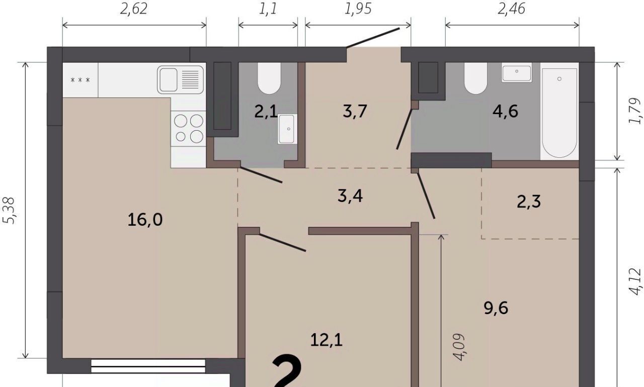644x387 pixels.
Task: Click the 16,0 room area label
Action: (x=145, y=220)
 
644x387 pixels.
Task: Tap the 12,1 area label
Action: (x=327, y=340)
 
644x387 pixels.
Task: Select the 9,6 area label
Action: (x=496, y=308)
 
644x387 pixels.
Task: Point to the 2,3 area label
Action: (x=529, y=202)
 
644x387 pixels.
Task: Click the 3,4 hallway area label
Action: (x=350, y=197)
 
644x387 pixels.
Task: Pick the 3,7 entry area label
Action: (x=355, y=112)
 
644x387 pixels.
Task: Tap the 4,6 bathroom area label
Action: (x=506, y=112)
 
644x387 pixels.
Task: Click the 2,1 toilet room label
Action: (x=266, y=112)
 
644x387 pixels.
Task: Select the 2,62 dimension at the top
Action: (x=134, y=9)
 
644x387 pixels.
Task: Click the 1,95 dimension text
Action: (x=358, y=9)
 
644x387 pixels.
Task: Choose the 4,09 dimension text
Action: (x=458, y=347)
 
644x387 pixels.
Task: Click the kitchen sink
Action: (x=181, y=80)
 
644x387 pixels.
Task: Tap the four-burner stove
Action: (x=189, y=129)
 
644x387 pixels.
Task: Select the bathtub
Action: (x=559, y=113)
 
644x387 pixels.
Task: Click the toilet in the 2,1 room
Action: (x=269, y=78)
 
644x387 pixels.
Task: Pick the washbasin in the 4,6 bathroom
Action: (x=517, y=73)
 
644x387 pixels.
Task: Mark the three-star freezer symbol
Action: (x=80, y=80)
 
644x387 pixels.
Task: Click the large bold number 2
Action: (x=287, y=371)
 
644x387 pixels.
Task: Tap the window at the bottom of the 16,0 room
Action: (x=148, y=366)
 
